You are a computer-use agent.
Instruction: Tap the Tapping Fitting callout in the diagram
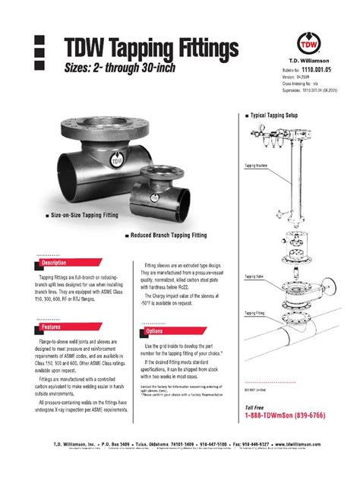pos(255,312)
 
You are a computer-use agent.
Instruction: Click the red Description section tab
pos(53,263)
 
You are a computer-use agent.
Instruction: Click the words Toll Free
pos(256,407)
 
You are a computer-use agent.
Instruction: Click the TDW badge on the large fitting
pos(116,161)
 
